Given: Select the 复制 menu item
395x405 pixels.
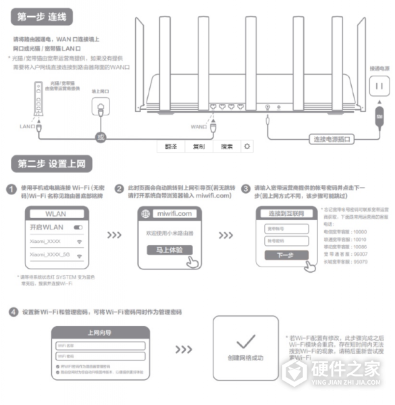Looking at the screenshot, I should [199, 146].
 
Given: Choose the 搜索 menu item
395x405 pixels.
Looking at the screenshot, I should [226, 146].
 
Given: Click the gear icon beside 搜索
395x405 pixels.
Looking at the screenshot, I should [248, 146].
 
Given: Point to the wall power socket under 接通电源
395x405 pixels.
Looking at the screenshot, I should [378, 86].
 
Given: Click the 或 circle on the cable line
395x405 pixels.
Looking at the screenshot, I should [101, 137].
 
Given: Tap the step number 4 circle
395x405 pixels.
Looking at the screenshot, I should [13, 312].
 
